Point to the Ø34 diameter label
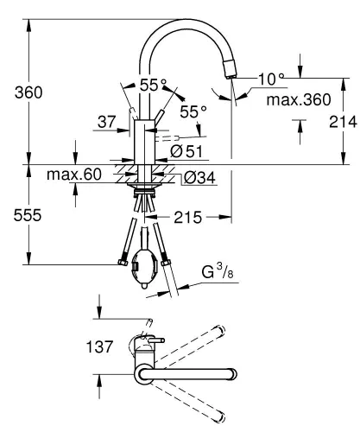[196, 178]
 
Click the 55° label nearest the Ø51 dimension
[193, 111]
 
